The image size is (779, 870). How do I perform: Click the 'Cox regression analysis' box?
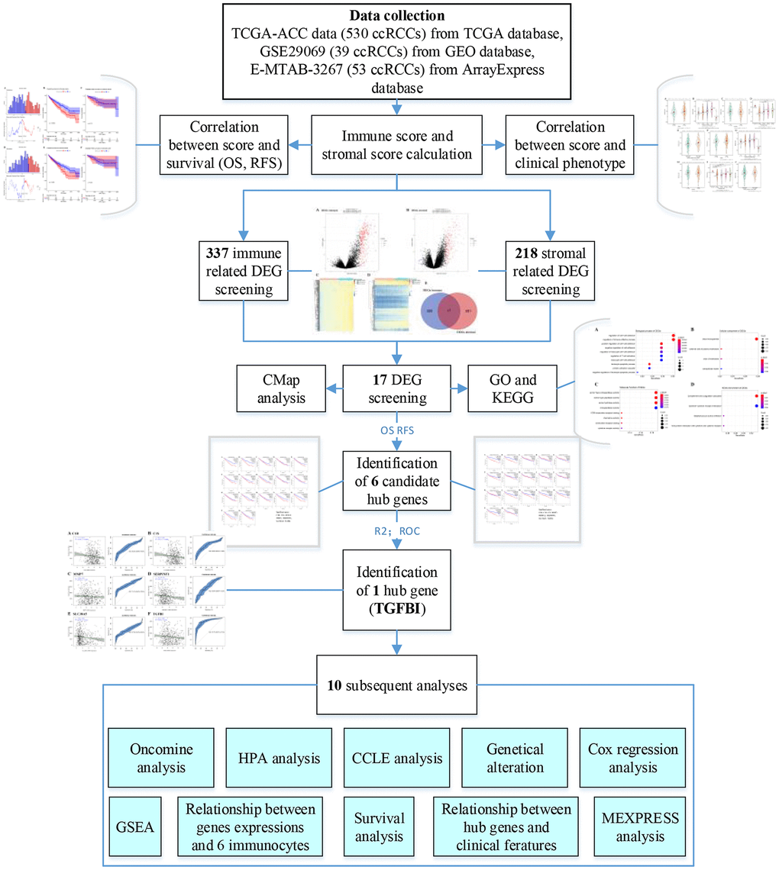(633, 758)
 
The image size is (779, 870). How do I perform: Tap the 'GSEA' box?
(134, 826)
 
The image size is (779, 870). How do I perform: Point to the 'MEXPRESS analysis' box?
(633, 826)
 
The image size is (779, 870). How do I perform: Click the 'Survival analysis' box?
(379, 826)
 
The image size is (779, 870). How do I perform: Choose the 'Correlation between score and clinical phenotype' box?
(570, 143)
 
